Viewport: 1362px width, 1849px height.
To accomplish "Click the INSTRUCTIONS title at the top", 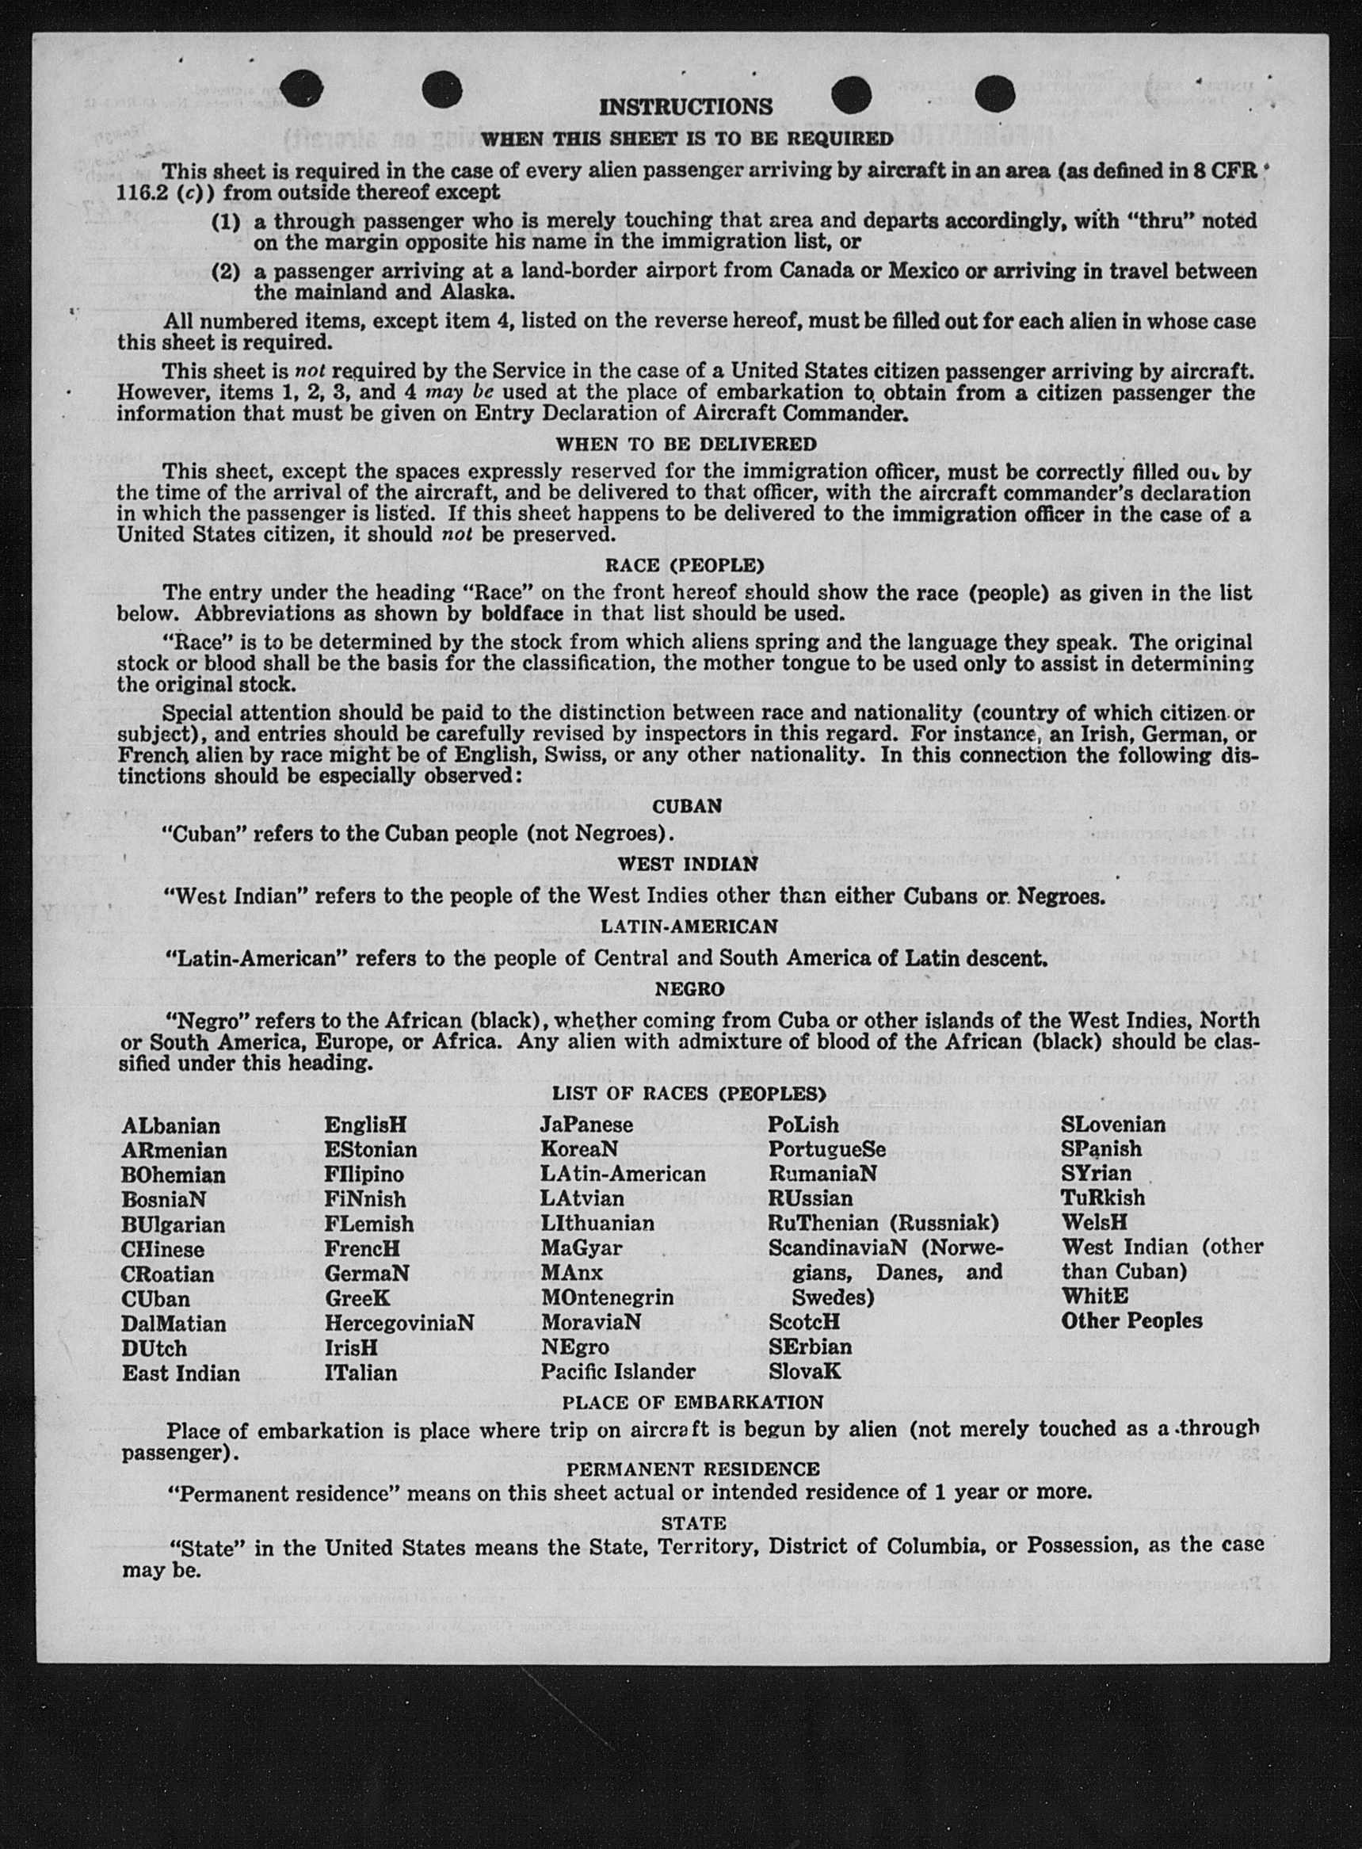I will pyautogui.click(x=685, y=107).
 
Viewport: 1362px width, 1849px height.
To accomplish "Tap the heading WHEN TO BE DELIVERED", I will pyautogui.click(x=685, y=445).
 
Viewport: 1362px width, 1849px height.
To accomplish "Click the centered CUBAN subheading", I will pyautogui.click(x=687, y=806).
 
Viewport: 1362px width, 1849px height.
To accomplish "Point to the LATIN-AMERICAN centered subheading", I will pyautogui.click(x=689, y=926).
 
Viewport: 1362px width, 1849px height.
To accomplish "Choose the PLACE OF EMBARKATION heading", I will pyautogui.click(x=692, y=1402).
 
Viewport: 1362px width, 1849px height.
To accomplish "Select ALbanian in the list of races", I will pyautogui.click(x=170, y=1126).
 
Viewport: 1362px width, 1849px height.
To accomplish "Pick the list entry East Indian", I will pyautogui.click(x=181, y=1373).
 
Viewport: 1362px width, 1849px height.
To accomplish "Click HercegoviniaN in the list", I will pyautogui.click(x=399, y=1323).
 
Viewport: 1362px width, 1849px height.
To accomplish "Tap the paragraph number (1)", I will pyautogui.click(x=225, y=222).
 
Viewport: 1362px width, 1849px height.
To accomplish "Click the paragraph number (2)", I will pyautogui.click(x=225, y=272).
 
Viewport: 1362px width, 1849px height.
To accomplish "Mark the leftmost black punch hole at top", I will pyautogui.click(x=301, y=89).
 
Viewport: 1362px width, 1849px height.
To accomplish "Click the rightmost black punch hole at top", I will pyautogui.click(x=994, y=94).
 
